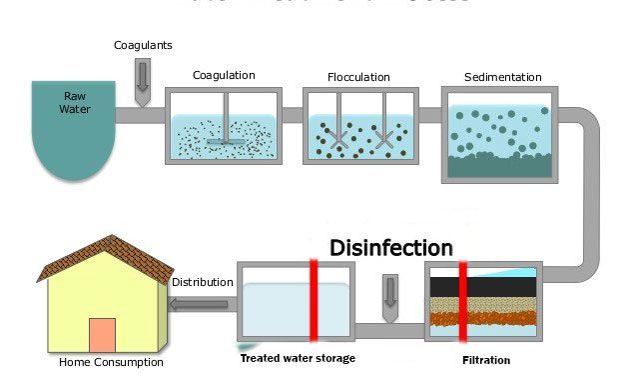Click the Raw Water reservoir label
76,103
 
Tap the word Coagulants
142,45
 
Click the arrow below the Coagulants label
142,81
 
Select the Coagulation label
224,75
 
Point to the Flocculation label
358,77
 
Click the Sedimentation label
502,77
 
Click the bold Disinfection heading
390,247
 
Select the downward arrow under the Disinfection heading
389,291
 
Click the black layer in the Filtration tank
482,286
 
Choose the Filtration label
486,360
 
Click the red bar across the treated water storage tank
313,301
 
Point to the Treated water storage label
297,358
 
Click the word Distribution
202,282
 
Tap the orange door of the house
102,335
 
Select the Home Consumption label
111,362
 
